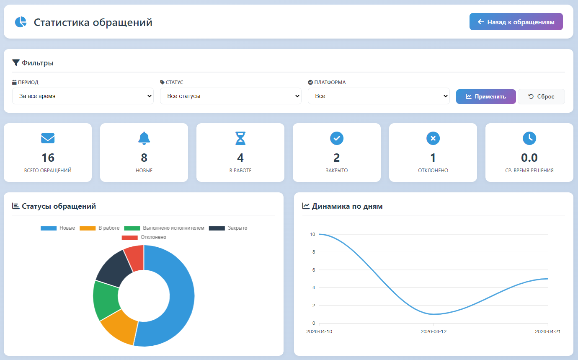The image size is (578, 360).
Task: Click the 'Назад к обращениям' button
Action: point(516,22)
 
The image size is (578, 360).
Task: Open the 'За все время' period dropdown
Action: point(83,96)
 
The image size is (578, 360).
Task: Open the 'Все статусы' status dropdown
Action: point(231,96)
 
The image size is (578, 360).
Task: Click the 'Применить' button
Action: point(486,96)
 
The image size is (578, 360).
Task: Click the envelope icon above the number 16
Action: point(48,138)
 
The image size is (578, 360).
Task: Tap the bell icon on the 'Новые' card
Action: point(144,138)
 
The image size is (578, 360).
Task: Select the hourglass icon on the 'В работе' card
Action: point(240,138)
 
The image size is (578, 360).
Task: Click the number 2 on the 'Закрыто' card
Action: point(336,158)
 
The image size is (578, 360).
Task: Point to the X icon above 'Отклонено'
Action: point(433,138)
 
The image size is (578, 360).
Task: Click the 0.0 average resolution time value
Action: point(529,158)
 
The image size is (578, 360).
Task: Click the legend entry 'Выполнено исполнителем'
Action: point(164,228)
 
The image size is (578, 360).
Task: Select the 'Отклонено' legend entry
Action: point(144,237)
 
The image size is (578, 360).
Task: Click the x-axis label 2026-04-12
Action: point(433,332)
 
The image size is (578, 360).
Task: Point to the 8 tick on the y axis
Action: point(314,252)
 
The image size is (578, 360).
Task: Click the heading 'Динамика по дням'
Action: point(347,206)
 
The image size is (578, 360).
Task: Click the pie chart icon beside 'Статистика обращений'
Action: point(21,22)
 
